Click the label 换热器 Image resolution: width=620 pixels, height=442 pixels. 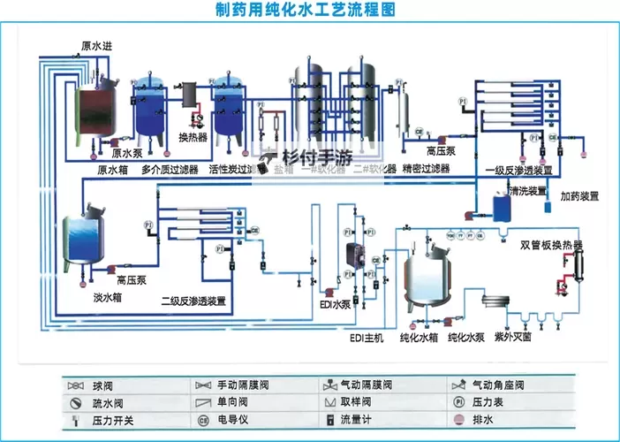point(193,137)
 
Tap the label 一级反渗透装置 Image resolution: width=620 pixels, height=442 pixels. point(519,170)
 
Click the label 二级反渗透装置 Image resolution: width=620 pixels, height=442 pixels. point(193,301)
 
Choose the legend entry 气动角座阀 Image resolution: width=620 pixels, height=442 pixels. point(501,386)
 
